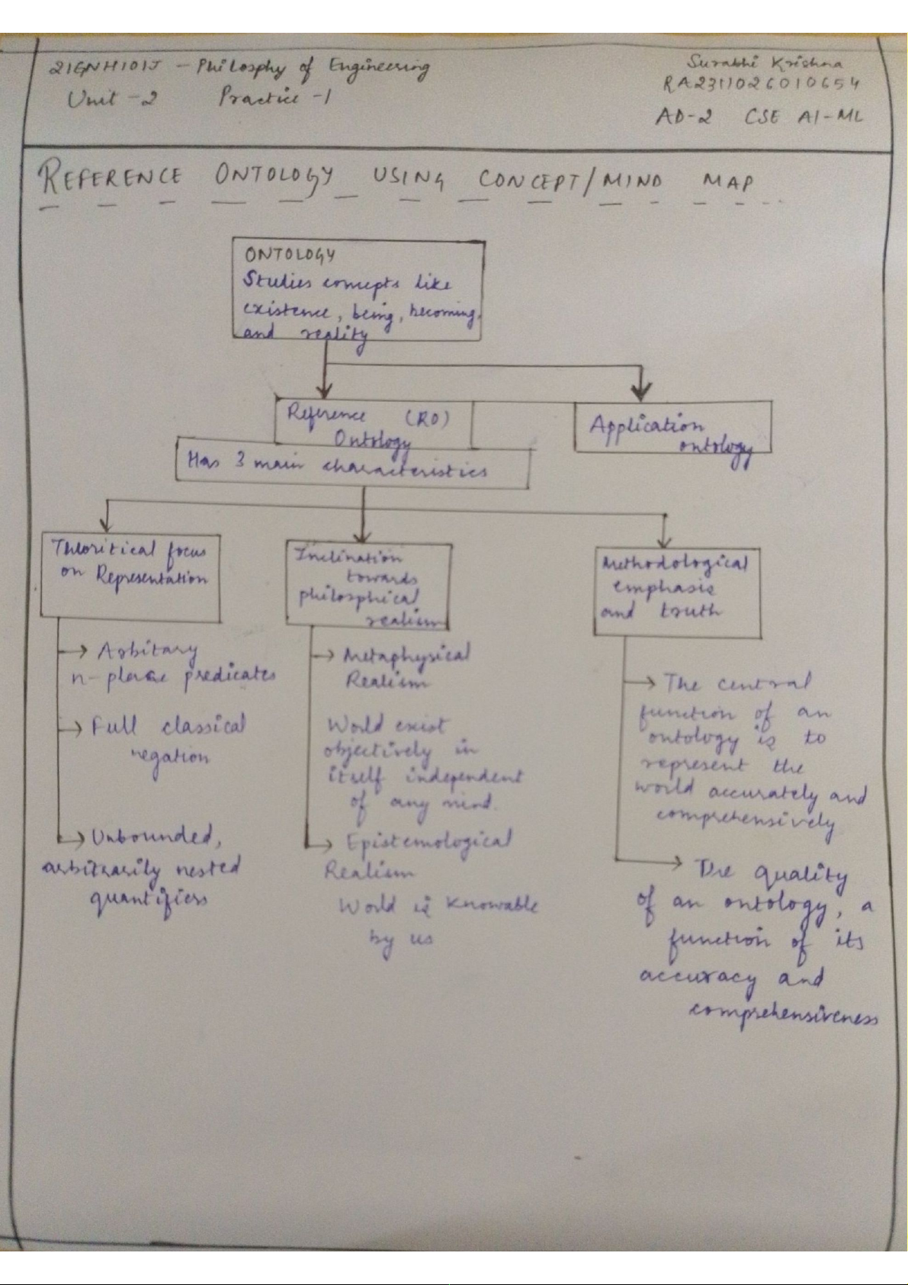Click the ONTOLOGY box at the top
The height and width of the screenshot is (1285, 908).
click(358, 290)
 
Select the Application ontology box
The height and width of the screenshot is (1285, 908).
click(672, 428)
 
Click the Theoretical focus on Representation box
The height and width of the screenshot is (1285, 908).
click(130, 575)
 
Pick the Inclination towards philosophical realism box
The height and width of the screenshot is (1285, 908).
click(369, 586)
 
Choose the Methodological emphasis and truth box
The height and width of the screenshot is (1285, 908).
click(677, 592)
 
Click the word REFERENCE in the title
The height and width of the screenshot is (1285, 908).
click(111, 179)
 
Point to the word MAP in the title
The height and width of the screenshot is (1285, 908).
click(728, 182)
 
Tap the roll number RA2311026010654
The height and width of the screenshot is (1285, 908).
click(761, 83)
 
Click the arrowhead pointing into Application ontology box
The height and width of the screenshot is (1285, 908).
click(641, 392)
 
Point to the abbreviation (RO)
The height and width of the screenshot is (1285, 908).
click(427, 418)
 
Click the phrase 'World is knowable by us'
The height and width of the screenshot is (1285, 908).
click(435, 920)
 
